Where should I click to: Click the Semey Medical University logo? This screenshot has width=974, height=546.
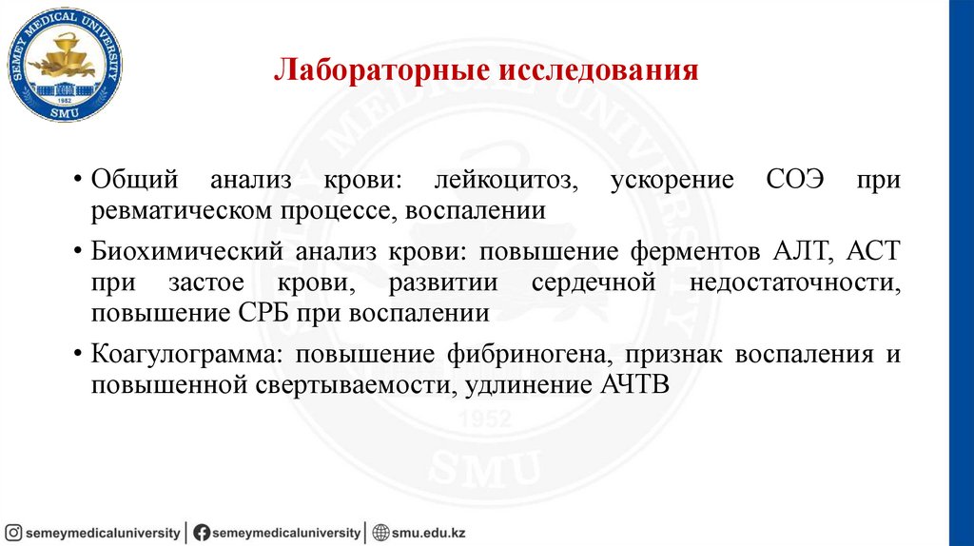tap(66, 65)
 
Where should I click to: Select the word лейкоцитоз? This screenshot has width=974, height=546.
tap(504, 181)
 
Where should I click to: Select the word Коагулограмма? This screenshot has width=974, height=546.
tap(186, 355)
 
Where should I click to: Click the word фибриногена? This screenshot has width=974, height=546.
tap(529, 355)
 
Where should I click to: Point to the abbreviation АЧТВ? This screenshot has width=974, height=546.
tap(635, 385)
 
